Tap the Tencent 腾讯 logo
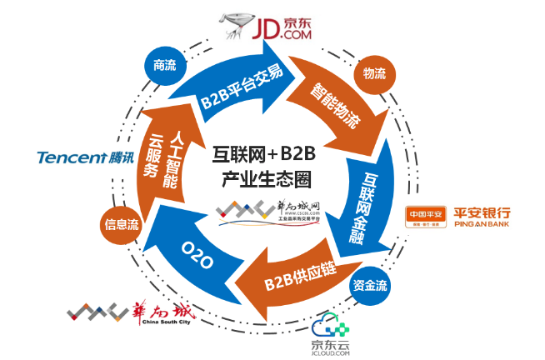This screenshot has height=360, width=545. tap(83, 156)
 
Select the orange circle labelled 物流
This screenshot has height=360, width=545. tap(372, 73)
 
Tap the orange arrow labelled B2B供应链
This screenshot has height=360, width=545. tap(296, 274)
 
